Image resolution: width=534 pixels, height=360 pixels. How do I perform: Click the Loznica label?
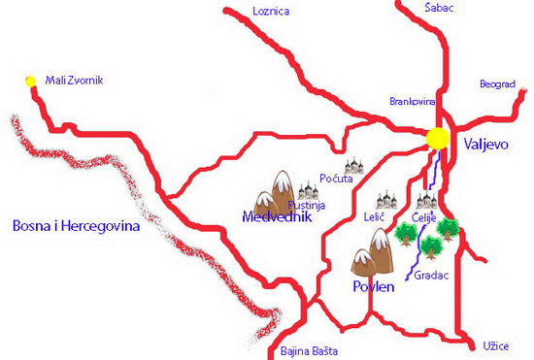click(271, 12)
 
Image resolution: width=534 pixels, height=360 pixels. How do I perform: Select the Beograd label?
click(497, 84)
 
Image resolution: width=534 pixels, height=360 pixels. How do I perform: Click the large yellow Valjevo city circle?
click(438, 139)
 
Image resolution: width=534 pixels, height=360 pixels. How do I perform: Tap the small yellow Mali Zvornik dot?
click(30, 81)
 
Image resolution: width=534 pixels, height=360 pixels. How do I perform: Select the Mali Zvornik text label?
click(74, 81)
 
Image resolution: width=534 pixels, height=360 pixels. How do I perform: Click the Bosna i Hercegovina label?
click(77, 226)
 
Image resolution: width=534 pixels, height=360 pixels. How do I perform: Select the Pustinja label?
click(306, 206)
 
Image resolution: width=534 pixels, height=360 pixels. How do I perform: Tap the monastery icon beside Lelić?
click(387, 199)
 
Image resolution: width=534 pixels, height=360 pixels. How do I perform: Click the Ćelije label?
click(424, 218)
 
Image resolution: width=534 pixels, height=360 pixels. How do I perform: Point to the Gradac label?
click(431, 276)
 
